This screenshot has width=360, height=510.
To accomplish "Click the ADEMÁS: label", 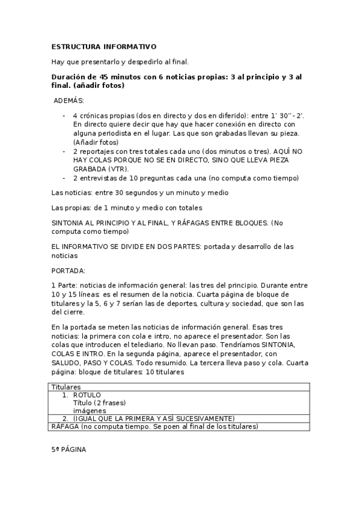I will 69,100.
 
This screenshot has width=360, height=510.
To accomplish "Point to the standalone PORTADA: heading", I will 68,270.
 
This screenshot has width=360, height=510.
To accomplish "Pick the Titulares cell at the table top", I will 66,387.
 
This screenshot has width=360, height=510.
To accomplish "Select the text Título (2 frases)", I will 99,402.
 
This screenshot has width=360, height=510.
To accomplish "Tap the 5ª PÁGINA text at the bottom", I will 69,449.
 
